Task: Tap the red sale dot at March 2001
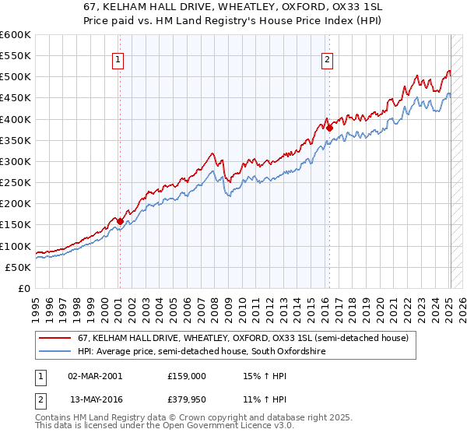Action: (x=119, y=221)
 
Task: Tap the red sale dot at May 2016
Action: (x=329, y=128)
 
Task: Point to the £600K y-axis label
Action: (x=15, y=35)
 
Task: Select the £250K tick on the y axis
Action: (x=15, y=182)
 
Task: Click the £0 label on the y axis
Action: (x=23, y=288)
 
